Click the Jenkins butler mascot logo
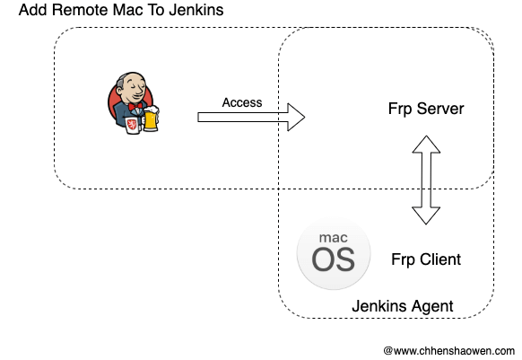[x=133, y=102]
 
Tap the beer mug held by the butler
[x=152, y=119]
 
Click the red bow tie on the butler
[x=135, y=107]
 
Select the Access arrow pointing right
[x=251, y=117]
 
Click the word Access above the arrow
[x=242, y=102]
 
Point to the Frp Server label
[x=426, y=109]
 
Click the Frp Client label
[x=426, y=259]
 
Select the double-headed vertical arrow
[x=426, y=180]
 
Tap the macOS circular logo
[x=334, y=254]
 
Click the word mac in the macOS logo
[x=334, y=238]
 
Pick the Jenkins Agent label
[x=403, y=306]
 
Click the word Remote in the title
[x=79, y=10]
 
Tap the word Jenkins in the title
[x=196, y=10]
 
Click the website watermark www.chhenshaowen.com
[x=449, y=351]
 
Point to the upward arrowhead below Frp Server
[x=426, y=144]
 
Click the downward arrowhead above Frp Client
[x=426, y=216]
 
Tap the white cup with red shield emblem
[x=132, y=125]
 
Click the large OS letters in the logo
[x=333, y=260]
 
